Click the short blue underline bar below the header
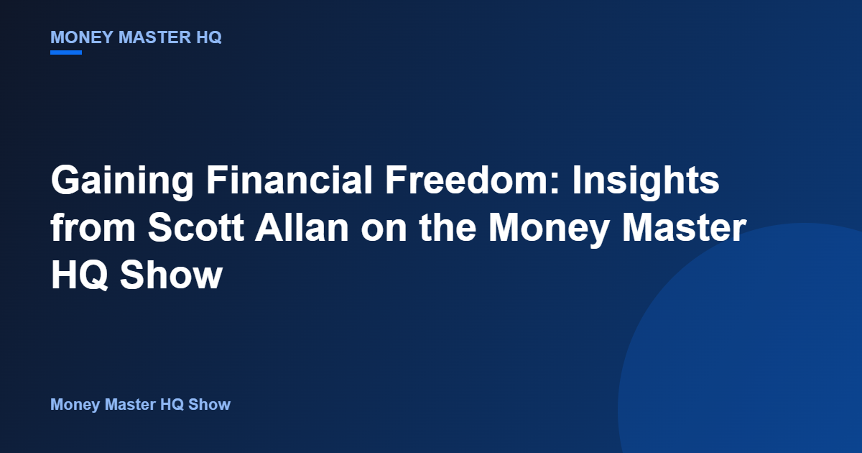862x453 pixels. click(66, 52)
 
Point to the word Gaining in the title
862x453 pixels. click(122, 180)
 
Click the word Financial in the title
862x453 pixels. click(289, 180)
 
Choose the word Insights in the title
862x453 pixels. click(646, 180)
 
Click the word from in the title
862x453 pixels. click(93, 227)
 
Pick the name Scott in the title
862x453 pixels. click(196, 227)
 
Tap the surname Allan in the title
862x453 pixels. click(302, 227)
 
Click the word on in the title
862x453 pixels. click(384, 231)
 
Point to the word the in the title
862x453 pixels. click(448, 227)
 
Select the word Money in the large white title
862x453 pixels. click(549, 229)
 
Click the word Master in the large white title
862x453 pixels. click(685, 227)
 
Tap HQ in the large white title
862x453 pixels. click(79, 275)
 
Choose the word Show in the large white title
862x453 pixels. click(172, 275)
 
